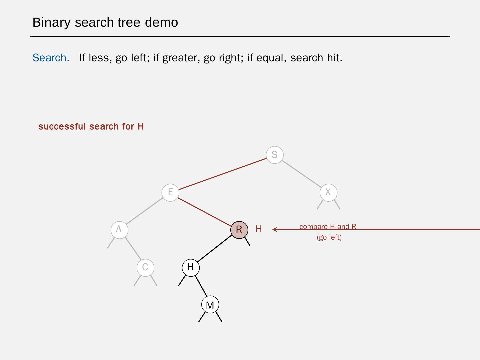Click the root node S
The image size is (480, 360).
[275, 155]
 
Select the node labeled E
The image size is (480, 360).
[170, 192]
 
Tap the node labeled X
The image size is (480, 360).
[328, 192]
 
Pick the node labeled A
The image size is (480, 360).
[119, 230]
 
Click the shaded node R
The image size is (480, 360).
[239, 230]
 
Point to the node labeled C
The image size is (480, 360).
[145, 267]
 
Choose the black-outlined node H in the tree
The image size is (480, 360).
[190, 267]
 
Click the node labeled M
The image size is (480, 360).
[210, 305]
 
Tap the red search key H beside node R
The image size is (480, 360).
[259, 229]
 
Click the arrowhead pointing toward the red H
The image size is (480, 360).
[274, 229]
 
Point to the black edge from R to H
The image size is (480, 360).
[215, 249]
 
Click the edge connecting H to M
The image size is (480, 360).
[200, 286]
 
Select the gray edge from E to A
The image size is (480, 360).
[145, 211]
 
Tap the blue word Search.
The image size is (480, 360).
[51, 58]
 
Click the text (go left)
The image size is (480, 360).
[329, 237]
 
